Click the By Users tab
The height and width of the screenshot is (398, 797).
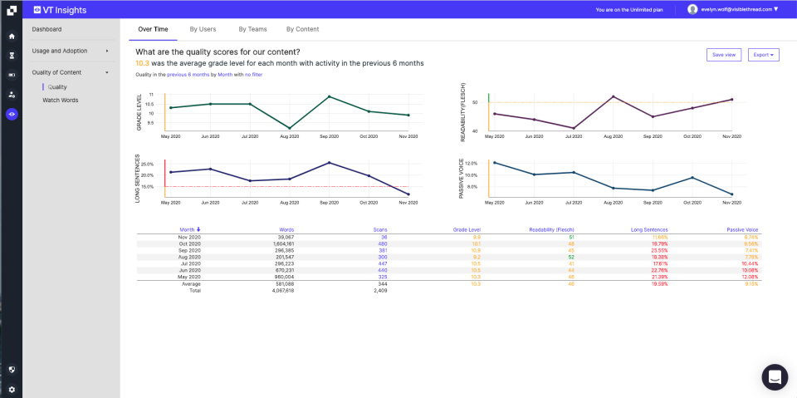(203, 29)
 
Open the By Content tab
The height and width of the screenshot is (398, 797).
(302, 29)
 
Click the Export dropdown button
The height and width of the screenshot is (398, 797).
(763, 55)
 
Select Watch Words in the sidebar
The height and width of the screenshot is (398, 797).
(61, 100)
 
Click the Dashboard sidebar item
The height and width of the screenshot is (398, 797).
(47, 29)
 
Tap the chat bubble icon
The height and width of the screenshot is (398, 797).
(775, 376)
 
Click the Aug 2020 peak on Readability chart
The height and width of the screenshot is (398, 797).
(613, 96)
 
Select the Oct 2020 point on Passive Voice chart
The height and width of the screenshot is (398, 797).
(692, 178)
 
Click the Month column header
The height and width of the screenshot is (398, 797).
(189, 229)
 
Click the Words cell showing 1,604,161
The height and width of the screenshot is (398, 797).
(280, 243)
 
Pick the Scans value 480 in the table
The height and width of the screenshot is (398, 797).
(383, 243)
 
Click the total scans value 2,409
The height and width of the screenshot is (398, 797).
(380, 290)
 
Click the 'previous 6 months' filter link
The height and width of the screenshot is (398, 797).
(188, 74)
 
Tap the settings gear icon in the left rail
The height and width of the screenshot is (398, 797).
(12, 389)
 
